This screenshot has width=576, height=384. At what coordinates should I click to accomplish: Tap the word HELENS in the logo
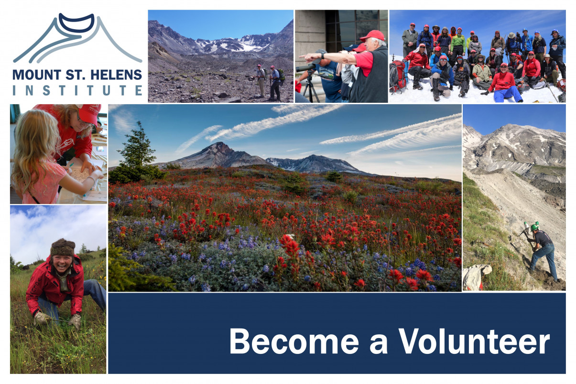116,75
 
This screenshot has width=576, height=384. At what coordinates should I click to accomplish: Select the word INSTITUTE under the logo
77,90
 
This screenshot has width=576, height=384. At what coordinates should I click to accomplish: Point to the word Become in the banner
294,341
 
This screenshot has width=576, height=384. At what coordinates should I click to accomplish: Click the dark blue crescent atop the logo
76,22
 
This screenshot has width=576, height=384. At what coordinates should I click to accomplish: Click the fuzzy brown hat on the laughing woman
63,247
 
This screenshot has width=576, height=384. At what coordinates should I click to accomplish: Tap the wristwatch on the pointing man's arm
322,55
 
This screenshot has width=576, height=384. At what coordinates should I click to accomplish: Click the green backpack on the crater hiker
282,74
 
